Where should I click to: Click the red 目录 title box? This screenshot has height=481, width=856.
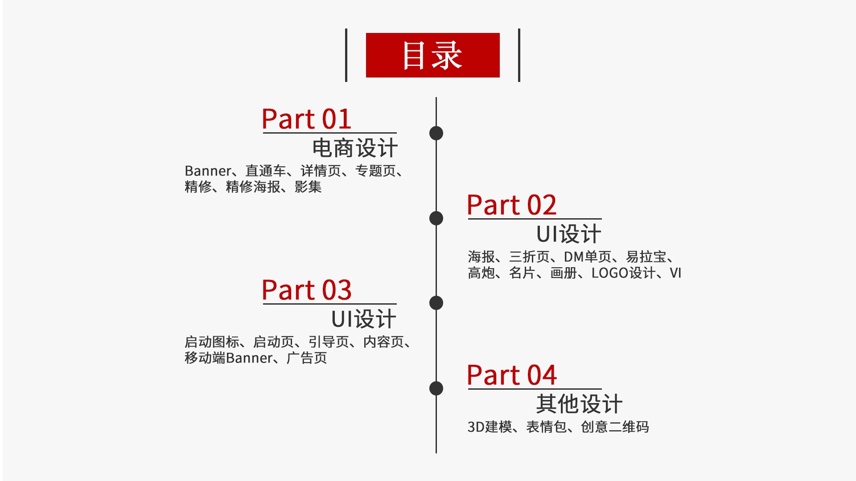coord(432,55)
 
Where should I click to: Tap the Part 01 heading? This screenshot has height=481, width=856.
coord(306,119)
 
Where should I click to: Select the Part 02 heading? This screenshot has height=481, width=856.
coord(511,205)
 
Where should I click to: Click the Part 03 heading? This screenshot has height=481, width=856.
coord(306,290)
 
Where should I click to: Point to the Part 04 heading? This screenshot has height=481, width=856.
coord(511,375)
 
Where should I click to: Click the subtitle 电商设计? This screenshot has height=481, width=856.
coord(354,148)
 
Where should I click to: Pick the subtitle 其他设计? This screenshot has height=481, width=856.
coord(579,404)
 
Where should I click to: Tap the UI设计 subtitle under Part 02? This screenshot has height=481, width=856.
coord(568,234)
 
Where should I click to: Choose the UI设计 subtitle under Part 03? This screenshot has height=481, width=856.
coord(363,319)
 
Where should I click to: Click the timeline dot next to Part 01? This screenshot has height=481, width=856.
coord(436,133)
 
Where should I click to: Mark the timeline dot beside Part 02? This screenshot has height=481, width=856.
coord(436,218)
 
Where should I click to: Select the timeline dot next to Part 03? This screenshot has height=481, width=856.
coord(436,303)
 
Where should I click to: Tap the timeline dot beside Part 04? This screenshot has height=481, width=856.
coord(436,388)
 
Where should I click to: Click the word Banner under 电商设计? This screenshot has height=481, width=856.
coord(208,171)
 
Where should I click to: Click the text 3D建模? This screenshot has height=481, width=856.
coord(490,427)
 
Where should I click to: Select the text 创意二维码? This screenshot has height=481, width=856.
coord(615,427)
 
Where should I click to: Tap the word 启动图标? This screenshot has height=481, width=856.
coord(212,342)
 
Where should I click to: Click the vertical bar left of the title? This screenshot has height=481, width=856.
coord(346,55)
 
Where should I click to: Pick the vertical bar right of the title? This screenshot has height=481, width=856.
coord(519,55)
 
